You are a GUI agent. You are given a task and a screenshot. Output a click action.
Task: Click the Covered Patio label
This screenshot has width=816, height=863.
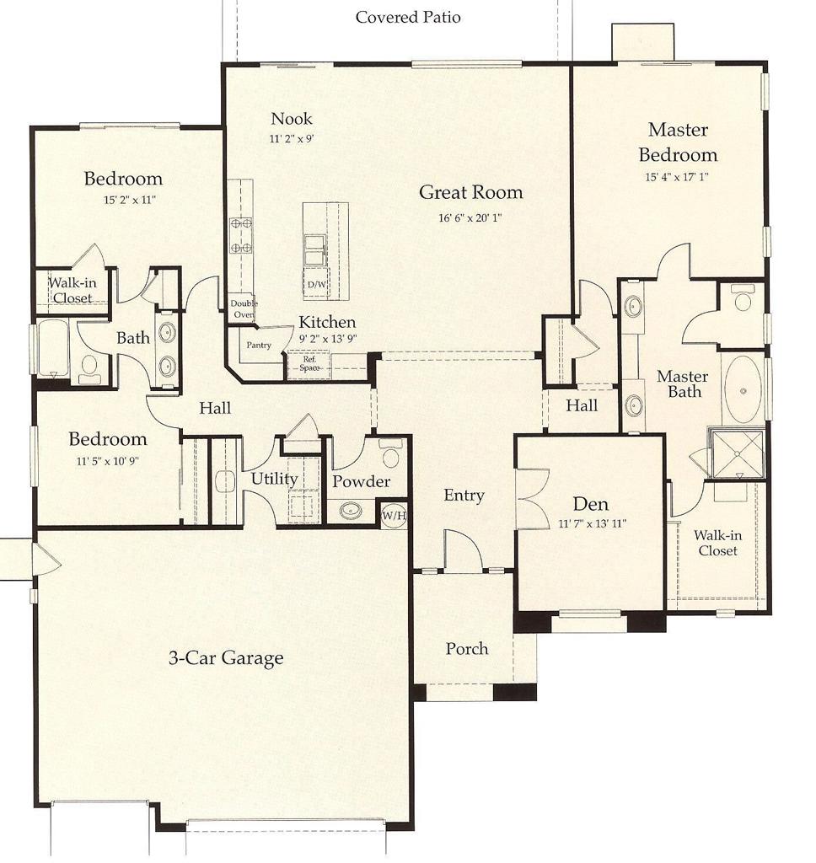(408, 17)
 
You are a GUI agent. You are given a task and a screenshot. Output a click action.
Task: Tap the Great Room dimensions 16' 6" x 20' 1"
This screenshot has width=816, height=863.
(471, 218)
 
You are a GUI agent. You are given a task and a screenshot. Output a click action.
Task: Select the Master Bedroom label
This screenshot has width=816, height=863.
(678, 142)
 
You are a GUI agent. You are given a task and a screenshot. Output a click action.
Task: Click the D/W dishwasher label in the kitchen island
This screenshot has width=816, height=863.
(316, 284)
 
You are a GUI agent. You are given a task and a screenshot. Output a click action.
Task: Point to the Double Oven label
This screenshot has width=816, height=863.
(244, 308)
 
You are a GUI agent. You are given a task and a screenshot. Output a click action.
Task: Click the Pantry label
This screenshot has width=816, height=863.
(259, 346)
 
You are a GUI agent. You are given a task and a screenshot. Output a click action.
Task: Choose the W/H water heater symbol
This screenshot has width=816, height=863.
(393, 514)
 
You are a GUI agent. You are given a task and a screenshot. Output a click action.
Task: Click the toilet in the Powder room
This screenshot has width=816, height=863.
(390, 456)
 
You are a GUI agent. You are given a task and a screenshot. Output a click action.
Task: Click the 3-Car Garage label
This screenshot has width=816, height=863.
(226, 658)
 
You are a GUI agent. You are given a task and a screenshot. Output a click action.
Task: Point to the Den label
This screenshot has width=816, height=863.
(591, 504)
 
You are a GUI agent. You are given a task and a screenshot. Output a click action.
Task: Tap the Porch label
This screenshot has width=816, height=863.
(467, 648)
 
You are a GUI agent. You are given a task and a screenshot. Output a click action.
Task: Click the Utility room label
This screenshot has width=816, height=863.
(274, 479)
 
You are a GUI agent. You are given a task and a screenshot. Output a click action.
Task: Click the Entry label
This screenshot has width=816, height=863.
(464, 495)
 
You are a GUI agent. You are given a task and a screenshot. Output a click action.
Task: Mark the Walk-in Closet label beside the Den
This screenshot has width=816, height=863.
(717, 543)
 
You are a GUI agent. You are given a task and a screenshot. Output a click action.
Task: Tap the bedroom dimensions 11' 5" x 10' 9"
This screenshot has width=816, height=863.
(107, 461)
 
